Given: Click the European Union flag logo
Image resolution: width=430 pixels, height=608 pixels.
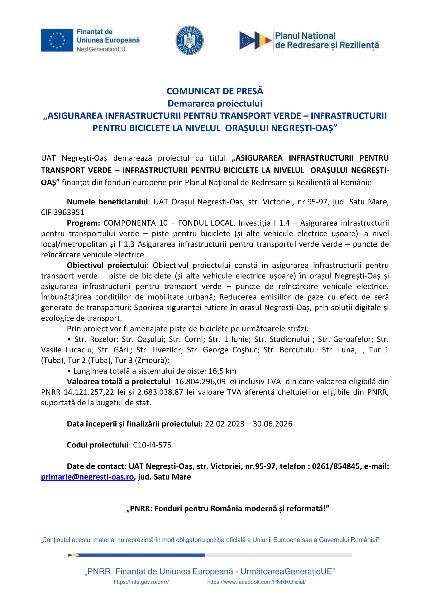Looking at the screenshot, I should click(57, 40).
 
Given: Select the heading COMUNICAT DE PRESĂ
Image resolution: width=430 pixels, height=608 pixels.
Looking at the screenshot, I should click(215, 91).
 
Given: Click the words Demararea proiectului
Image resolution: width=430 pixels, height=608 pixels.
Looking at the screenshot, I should click(215, 103).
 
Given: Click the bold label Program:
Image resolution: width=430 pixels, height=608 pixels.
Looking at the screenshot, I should click(83, 223).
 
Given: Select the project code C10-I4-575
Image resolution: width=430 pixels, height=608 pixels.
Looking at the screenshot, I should click(152, 445).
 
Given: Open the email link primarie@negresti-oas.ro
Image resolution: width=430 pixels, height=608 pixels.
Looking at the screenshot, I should click(87, 477).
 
